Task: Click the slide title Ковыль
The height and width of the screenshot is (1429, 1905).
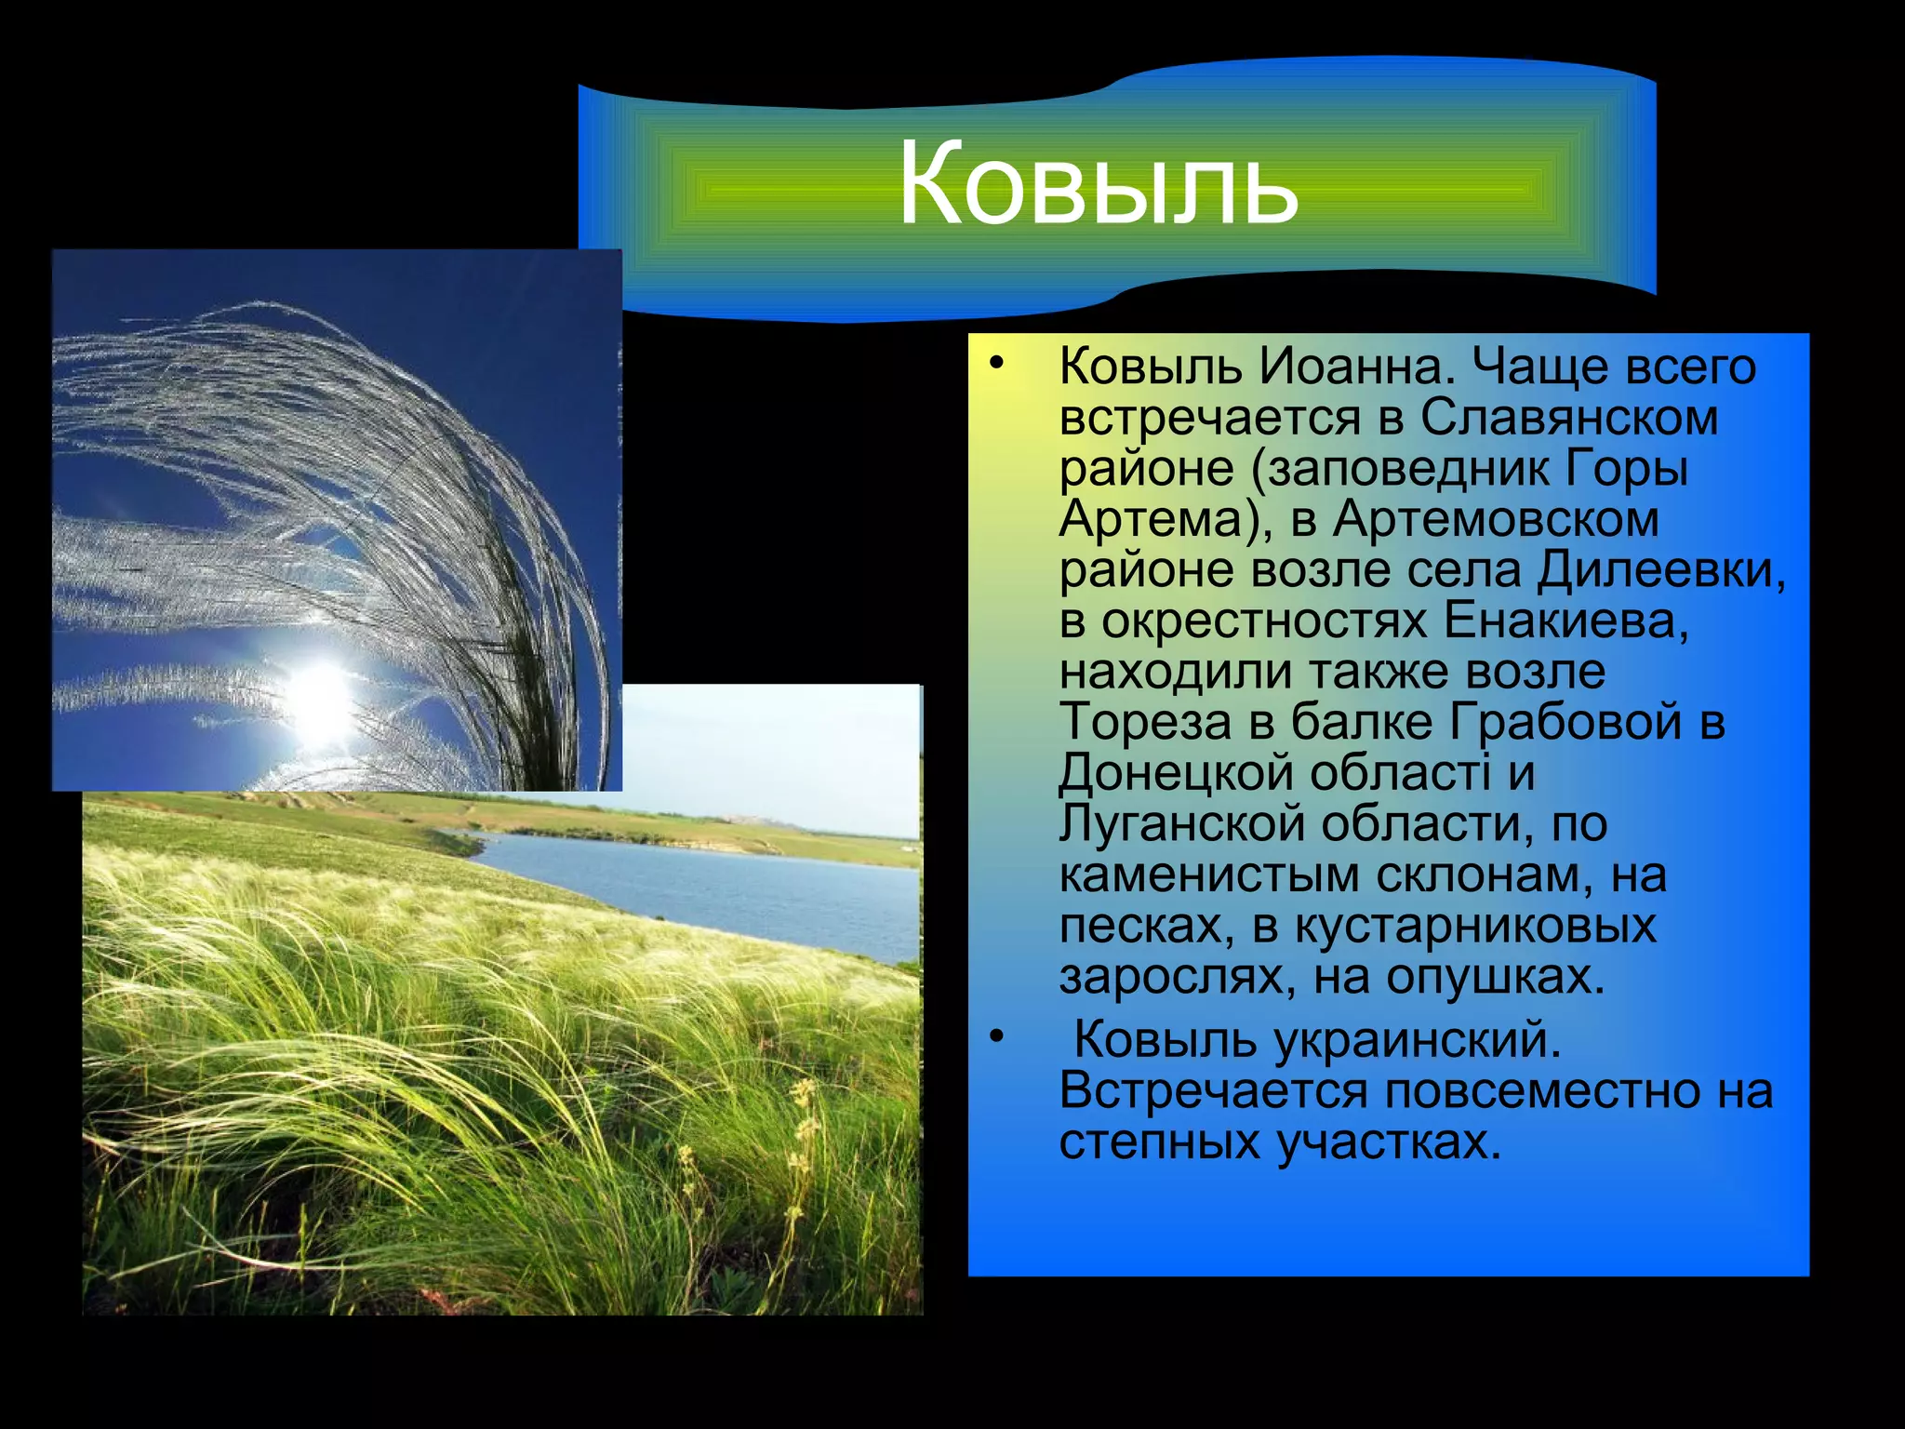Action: click(1098, 184)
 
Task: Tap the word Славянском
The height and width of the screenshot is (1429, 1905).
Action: click(1568, 418)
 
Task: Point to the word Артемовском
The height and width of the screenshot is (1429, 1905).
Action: click(1496, 519)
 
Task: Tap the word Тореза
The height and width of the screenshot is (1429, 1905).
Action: click(1144, 722)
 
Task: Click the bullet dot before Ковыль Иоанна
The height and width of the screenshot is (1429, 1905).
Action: click(997, 364)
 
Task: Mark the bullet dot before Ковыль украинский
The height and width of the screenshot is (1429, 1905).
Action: click(997, 1036)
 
